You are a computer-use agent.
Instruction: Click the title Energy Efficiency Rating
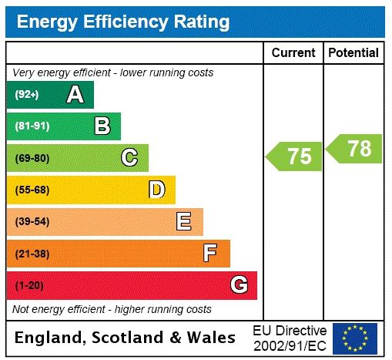coord(123,22)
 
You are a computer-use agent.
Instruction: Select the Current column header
coord(293,53)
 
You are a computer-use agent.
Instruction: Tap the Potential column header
coord(353,53)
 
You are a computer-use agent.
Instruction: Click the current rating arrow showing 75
coord(295,156)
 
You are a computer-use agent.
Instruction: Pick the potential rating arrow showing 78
coord(355,148)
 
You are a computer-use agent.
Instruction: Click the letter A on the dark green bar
coord(75,95)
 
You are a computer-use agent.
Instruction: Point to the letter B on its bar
coord(102,126)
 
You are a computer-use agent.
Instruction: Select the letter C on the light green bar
coord(129,158)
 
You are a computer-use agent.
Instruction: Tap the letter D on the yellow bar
coord(156,190)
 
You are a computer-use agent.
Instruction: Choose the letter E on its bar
coord(184,222)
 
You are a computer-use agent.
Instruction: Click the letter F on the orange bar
coord(210,254)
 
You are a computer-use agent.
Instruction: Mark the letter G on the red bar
coord(239,285)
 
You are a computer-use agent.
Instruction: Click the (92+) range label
coord(27,95)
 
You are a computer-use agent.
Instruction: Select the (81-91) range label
coord(32,126)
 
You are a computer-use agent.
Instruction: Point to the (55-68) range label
coord(32,190)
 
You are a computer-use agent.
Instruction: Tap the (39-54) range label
coord(32,222)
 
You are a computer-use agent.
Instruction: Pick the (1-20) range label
coord(29,285)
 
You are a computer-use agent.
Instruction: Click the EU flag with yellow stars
coord(355,338)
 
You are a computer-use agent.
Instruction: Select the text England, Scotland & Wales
coord(126,338)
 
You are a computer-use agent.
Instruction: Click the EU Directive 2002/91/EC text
coord(290,338)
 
